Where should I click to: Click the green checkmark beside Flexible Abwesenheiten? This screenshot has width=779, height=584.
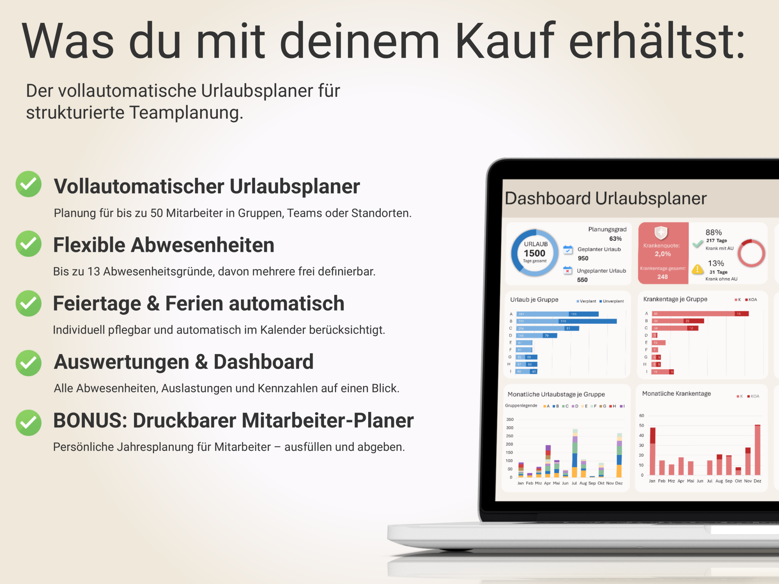point(29,244)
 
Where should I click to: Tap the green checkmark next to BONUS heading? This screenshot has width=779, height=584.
point(29,422)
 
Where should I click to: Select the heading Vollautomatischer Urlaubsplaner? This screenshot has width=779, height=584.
point(207,186)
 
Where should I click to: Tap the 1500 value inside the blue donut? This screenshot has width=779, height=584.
point(534,253)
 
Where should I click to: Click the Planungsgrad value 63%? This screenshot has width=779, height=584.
point(615,239)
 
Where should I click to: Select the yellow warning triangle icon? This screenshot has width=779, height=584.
point(697,270)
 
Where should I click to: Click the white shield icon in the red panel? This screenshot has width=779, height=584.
point(661,232)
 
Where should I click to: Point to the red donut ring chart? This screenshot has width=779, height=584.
point(751,253)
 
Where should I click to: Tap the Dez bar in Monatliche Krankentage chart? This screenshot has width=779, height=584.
point(757,450)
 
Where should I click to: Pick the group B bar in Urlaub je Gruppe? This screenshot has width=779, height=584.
point(566,321)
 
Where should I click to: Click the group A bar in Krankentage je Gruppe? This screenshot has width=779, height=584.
point(700,314)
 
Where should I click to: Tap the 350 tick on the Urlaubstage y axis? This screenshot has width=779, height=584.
point(510,419)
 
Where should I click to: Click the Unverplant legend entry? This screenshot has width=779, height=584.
point(613,301)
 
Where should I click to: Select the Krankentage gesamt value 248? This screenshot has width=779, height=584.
point(662,277)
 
